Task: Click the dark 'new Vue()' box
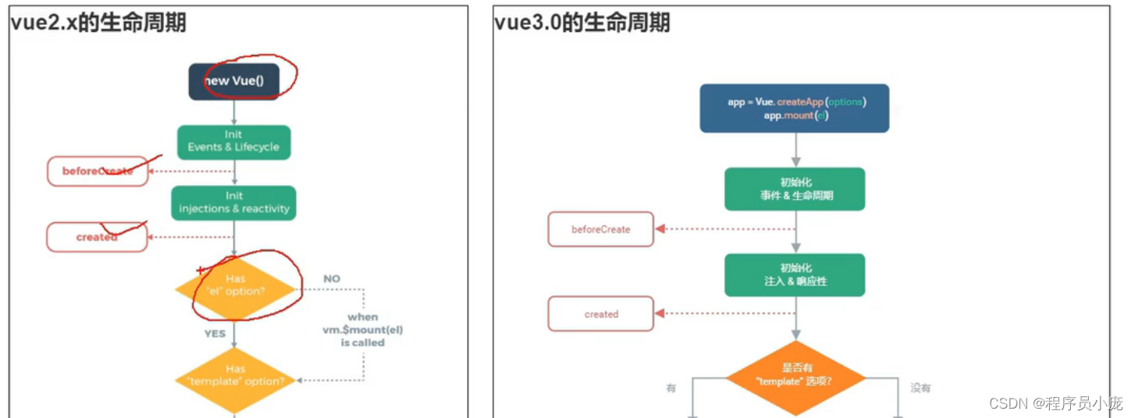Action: (x=233, y=82)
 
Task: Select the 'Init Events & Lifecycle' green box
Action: (x=233, y=141)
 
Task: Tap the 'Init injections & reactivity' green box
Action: (x=233, y=202)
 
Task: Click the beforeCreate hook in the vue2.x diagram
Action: (x=98, y=171)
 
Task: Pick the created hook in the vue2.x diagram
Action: (x=97, y=237)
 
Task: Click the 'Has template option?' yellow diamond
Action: (x=235, y=376)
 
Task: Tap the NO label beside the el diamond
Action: (x=332, y=278)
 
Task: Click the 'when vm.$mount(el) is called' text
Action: (x=363, y=329)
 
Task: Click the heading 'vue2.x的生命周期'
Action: (x=98, y=23)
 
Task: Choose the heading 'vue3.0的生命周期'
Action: (x=582, y=23)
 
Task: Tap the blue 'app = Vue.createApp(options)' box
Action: (x=795, y=108)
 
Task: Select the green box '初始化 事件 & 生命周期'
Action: (x=795, y=189)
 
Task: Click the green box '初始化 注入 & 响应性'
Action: (x=795, y=275)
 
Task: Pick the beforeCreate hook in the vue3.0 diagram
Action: (x=601, y=229)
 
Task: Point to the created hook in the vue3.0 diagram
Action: (x=601, y=314)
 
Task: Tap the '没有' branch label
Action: (x=920, y=388)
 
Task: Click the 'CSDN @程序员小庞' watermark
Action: (x=1055, y=403)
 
